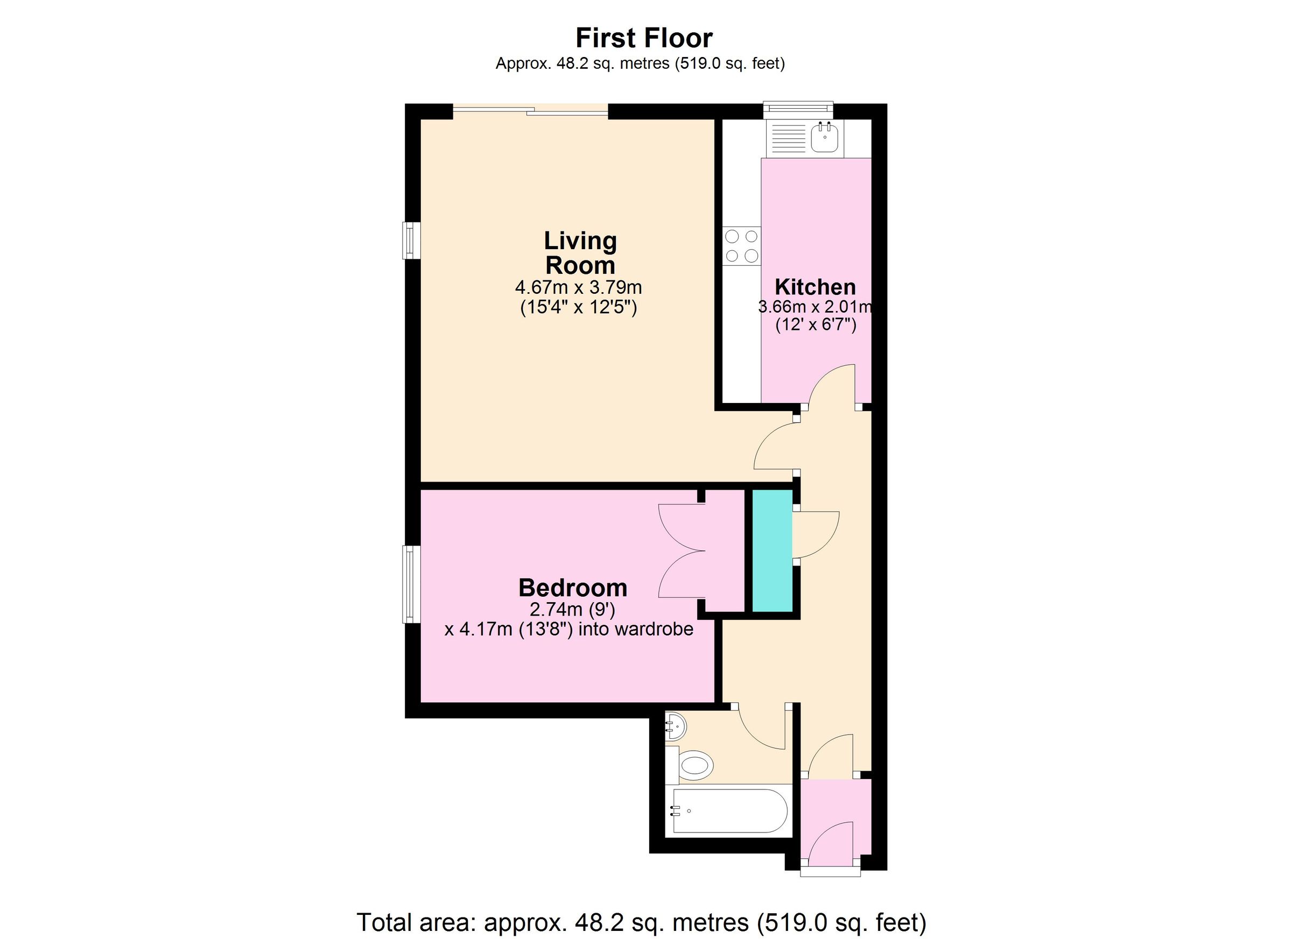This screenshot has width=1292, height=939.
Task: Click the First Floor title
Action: (x=644, y=38)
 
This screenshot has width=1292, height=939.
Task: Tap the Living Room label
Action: (x=580, y=252)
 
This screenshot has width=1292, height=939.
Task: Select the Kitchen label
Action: (x=815, y=286)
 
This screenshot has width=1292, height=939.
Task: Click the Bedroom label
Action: (x=572, y=588)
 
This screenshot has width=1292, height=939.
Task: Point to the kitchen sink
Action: (x=824, y=138)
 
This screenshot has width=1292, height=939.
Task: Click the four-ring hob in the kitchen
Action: (x=742, y=245)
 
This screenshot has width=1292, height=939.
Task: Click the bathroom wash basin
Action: (x=676, y=726)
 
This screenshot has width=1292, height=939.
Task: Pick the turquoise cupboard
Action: (x=772, y=550)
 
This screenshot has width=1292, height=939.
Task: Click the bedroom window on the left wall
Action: (x=409, y=584)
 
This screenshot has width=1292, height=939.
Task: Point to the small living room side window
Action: (x=409, y=241)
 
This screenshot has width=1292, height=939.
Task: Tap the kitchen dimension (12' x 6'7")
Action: (x=816, y=325)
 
